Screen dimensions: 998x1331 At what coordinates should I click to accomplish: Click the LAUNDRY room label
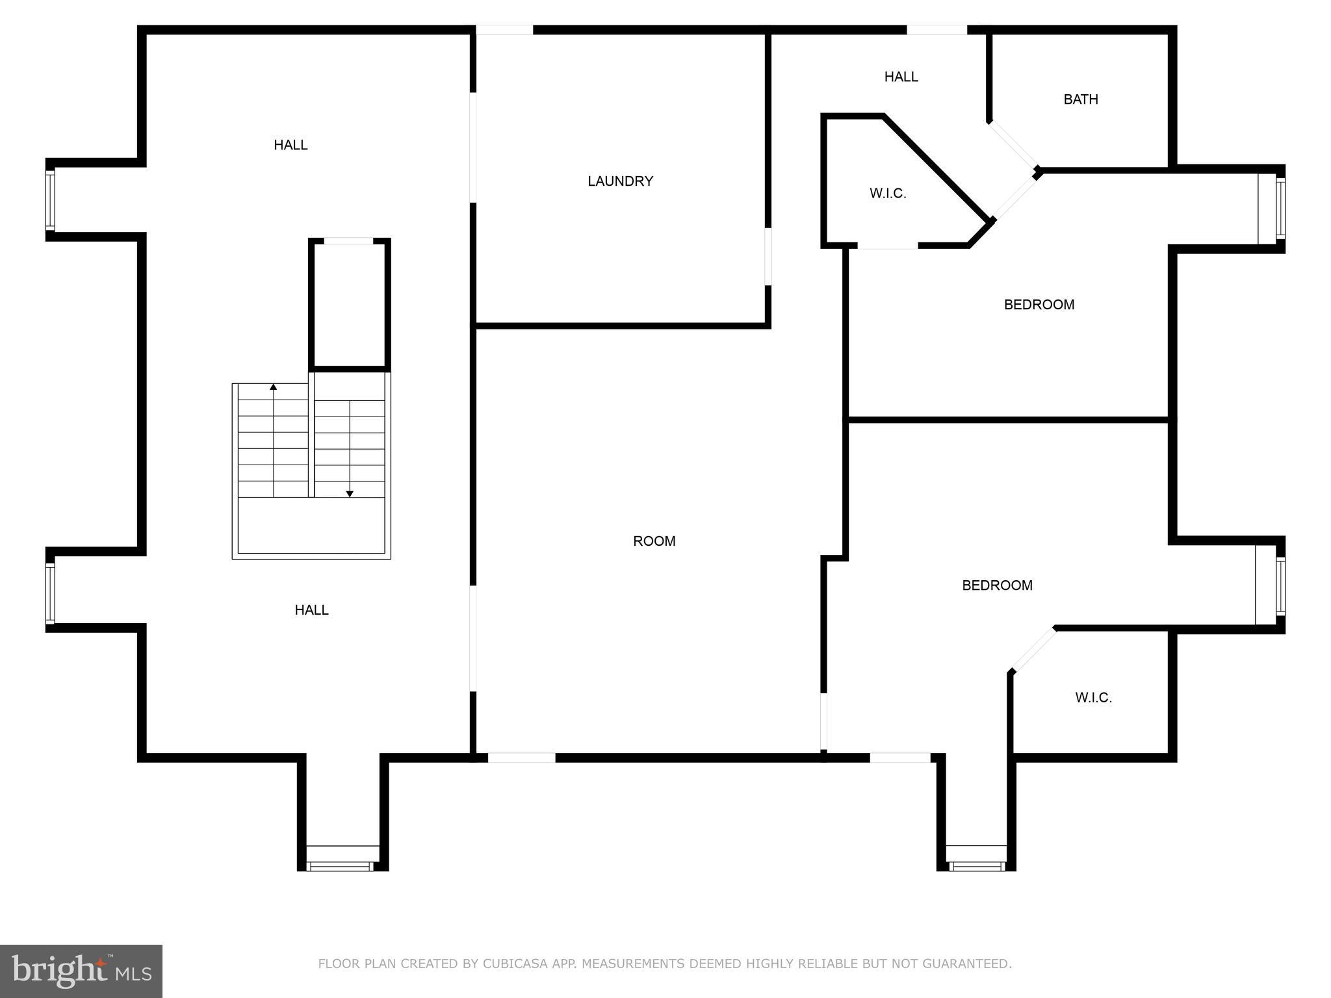[620, 181]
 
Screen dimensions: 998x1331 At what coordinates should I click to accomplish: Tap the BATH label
[1081, 99]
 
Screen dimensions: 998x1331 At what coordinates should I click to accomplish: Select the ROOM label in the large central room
[654, 541]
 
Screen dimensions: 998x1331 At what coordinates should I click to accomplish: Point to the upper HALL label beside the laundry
[291, 145]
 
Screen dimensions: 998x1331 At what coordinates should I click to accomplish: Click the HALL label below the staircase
[311, 610]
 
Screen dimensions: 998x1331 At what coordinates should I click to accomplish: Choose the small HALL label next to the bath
[901, 77]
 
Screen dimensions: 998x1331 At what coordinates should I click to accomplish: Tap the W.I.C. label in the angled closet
[888, 194]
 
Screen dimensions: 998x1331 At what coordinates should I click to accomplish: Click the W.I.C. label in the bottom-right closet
[1093, 698]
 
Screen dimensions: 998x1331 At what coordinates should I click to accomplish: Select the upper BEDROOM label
[1039, 305]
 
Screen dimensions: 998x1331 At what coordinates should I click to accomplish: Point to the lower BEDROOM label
[997, 585]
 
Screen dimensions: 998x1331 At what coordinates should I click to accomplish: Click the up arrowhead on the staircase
[274, 387]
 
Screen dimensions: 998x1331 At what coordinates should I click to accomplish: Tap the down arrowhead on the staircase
[350, 494]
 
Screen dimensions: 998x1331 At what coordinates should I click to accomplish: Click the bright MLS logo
[81, 971]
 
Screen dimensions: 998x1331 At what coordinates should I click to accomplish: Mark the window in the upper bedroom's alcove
[1280, 209]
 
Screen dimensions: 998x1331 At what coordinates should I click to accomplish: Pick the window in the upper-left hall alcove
[50, 199]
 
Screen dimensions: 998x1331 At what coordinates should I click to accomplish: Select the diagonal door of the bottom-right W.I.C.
[1033, 649]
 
